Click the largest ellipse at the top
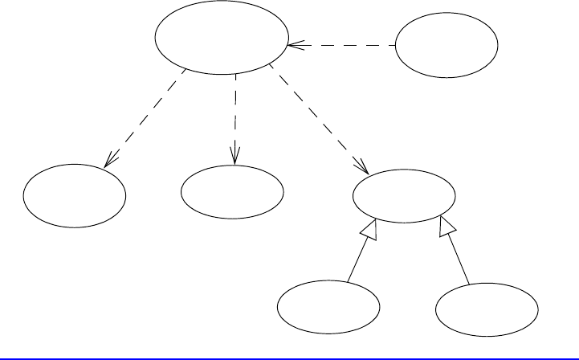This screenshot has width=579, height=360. click(x=221, y=40)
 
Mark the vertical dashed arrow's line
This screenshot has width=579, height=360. click(x=235, y=112)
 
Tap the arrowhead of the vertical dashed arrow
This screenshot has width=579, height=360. click(x=235, y=155)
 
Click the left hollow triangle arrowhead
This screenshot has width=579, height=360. click(x=368, y=231)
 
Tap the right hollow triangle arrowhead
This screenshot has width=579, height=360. click(x=446, y=231)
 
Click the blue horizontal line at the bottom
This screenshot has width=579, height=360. click(x=289, y=354)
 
